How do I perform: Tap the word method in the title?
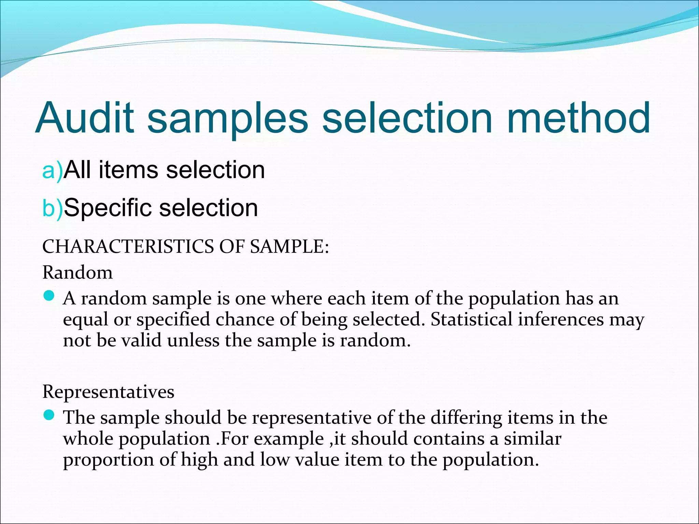578,118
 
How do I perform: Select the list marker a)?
52,170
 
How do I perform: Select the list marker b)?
52,208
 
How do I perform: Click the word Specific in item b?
108,208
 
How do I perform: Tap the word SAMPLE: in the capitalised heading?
290,246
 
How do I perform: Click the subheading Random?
77,273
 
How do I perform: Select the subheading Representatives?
108,392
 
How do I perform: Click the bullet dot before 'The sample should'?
49,415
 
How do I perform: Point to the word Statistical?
471,320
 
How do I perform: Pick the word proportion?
109,460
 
